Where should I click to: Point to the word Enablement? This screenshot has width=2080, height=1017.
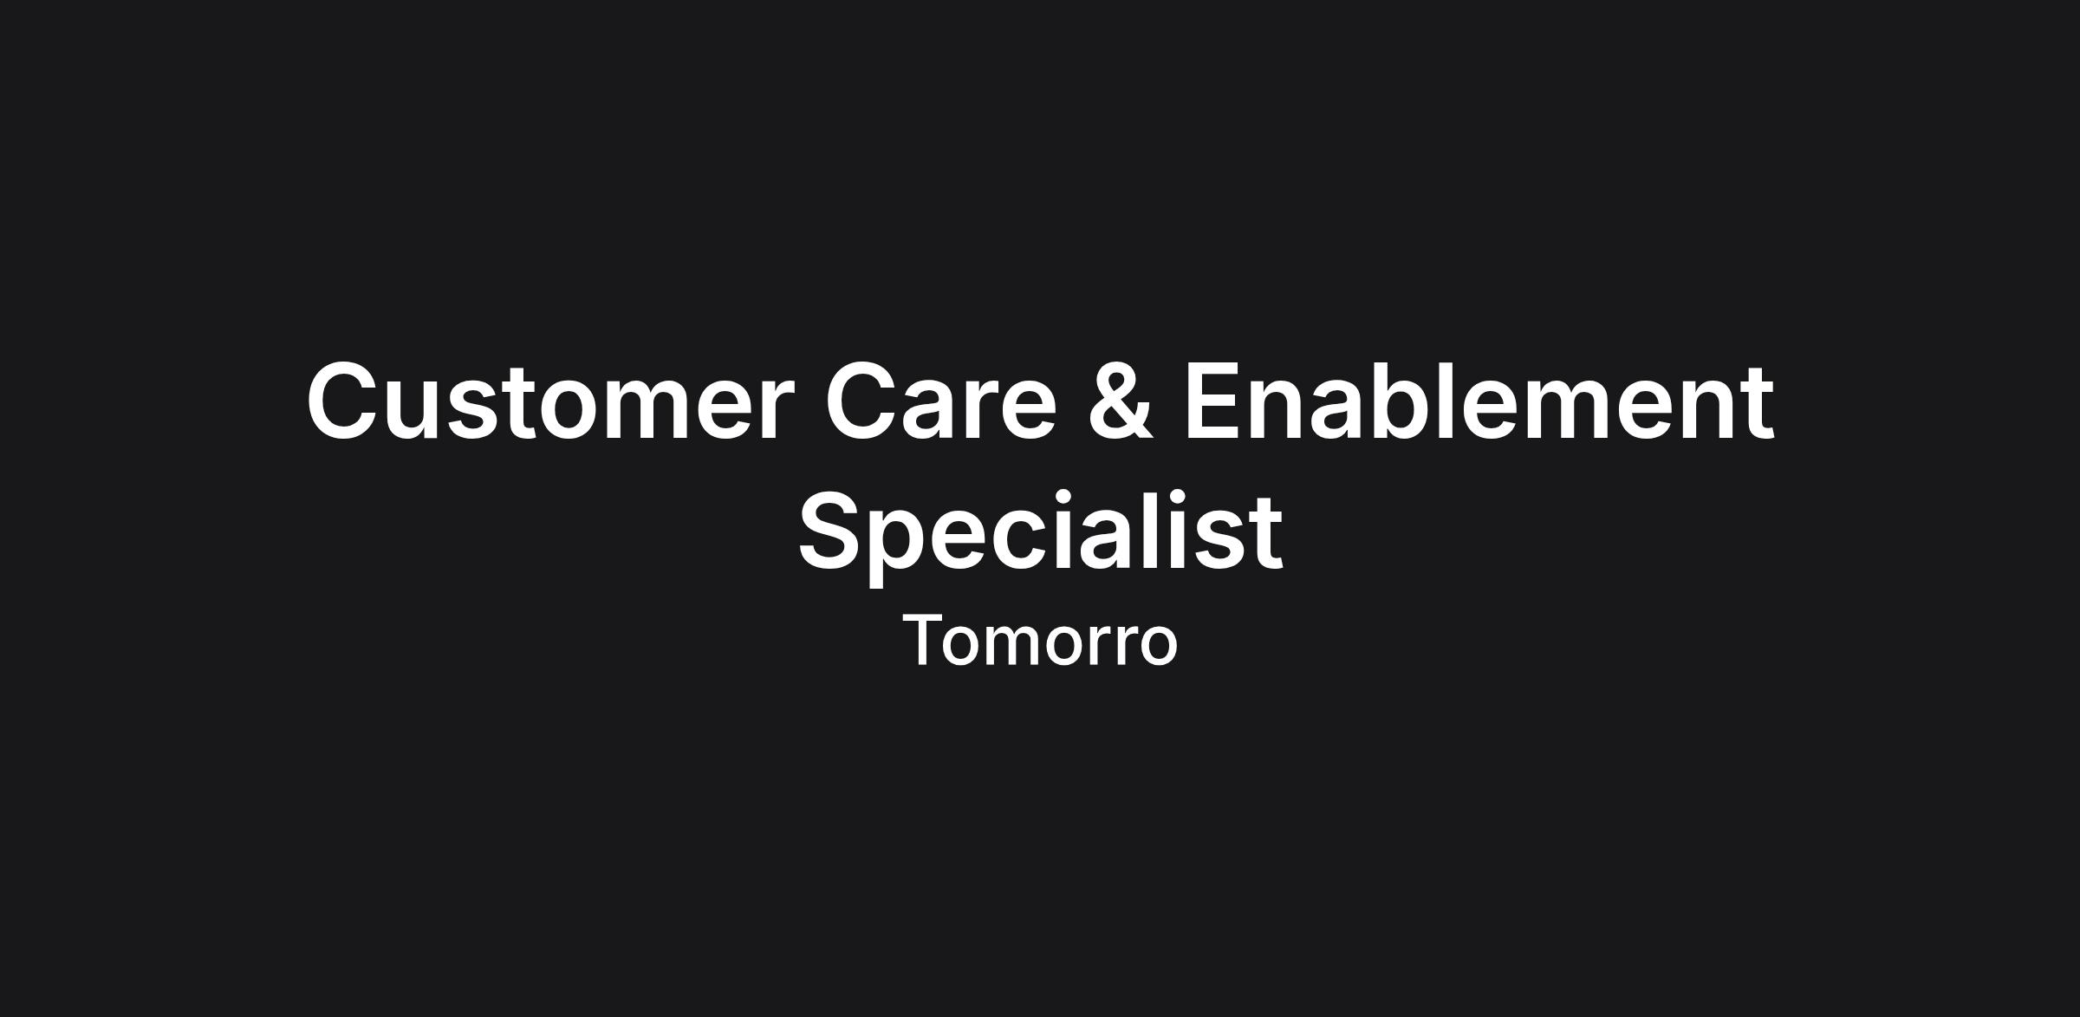pos(1479,401)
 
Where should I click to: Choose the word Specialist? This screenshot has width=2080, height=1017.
pos(1040,531)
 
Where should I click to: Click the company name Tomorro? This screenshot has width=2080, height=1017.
pos(1040,642)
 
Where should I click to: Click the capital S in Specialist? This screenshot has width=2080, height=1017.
pos(833,530)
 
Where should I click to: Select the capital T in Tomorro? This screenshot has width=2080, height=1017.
pos(925,640)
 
